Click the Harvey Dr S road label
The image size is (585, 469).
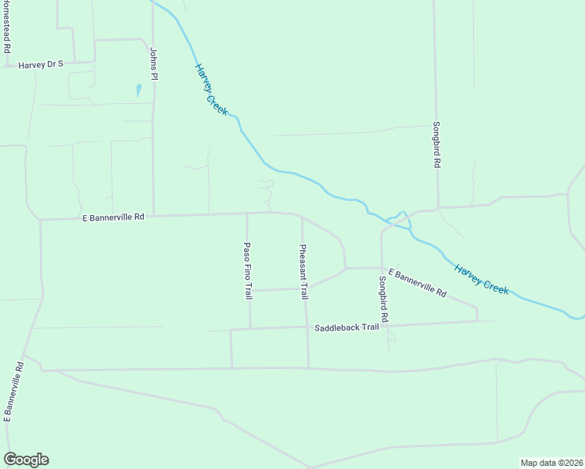(x=40, y=64)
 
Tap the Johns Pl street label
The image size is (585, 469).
(x=154, y=63)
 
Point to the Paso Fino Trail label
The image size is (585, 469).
(x=248, y=271)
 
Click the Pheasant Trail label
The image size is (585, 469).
(x=304, y=272)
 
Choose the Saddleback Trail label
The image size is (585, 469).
(x=346, y=328)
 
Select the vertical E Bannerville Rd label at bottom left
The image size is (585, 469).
(x=13, y=392)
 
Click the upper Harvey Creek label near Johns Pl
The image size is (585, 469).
(x=211, y=89)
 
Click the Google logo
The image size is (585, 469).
(x=26, y=460)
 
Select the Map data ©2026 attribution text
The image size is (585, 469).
(x=551, y=463)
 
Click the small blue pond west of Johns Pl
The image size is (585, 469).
(x=138, y=90)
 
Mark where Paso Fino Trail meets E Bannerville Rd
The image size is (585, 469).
(x=247, y=213)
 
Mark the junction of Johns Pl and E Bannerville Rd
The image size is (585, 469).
(x=153, y=216)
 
